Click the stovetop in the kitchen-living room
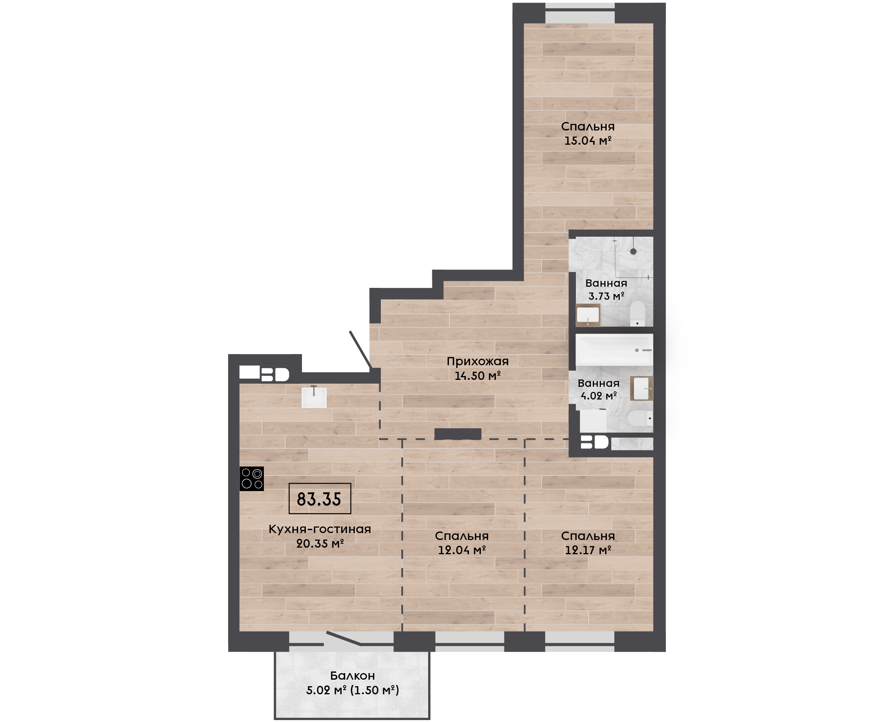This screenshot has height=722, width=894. pos(252,479)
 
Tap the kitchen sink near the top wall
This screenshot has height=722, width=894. pos(314,397)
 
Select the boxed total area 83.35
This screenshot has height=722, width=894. pos(320,499)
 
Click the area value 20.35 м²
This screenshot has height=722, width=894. pos(320,543)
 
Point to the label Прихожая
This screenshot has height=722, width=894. pos(477,361)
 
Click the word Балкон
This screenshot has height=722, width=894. pos(352,676)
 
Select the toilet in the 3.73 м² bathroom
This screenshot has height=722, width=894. pos(637,314)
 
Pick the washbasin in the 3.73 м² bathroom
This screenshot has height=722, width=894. pos(588,315)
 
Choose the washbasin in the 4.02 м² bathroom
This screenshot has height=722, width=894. pos(641,388)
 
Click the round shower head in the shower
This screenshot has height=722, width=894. pos(633,252)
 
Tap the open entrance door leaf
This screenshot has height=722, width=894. pos(360,350)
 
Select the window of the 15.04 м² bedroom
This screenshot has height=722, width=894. pos(580,13)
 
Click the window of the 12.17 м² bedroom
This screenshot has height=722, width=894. pos(580,641)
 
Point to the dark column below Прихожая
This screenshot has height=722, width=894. pos(458,434)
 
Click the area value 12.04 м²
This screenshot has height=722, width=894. pos(462,550)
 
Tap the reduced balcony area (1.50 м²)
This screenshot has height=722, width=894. pos(374,690)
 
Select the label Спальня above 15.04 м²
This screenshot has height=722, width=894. pos(588,127)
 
